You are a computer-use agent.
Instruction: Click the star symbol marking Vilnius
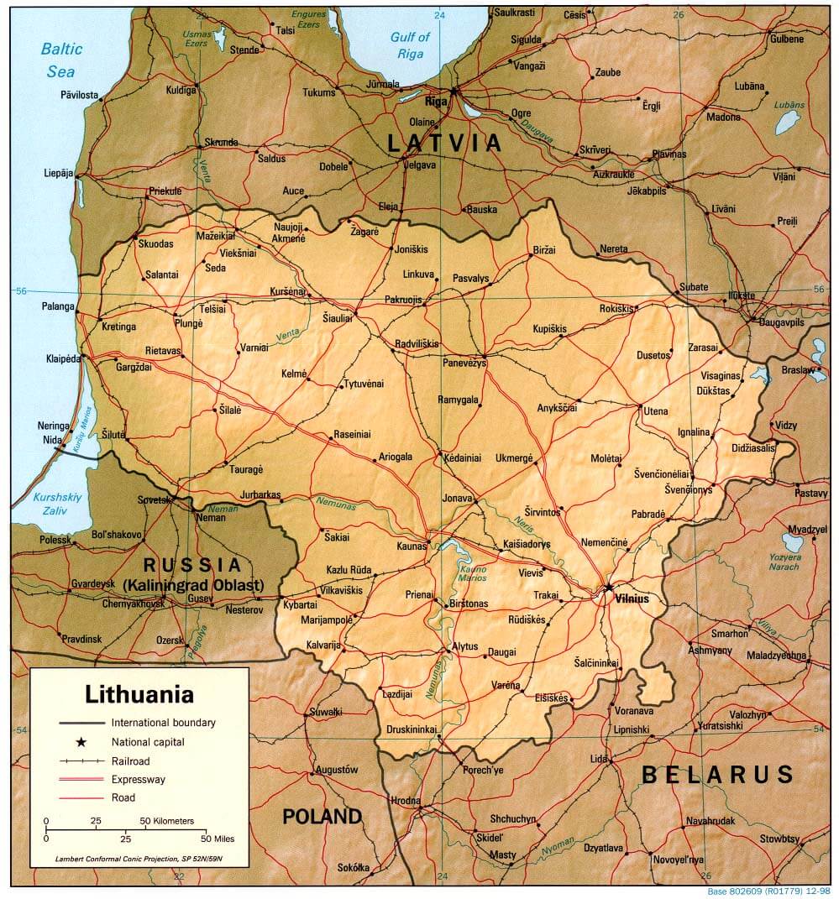(608, 587)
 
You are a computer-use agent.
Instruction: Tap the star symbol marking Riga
(454, 90)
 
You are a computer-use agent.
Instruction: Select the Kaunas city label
(412, 546)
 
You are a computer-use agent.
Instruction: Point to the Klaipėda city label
(64, 358)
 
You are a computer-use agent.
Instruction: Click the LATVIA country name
(444, 144)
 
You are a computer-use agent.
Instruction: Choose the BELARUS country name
(717, 773)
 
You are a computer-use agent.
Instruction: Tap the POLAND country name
(322, 816)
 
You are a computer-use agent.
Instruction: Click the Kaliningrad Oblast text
(194, 585)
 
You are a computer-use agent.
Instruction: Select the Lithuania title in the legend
(139, 695)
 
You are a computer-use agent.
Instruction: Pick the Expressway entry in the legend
(139, 779)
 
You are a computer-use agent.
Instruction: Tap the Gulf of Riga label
(410, 45)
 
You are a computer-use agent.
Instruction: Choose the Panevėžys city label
(464, 363)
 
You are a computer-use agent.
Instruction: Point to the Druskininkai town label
(411, 729)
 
